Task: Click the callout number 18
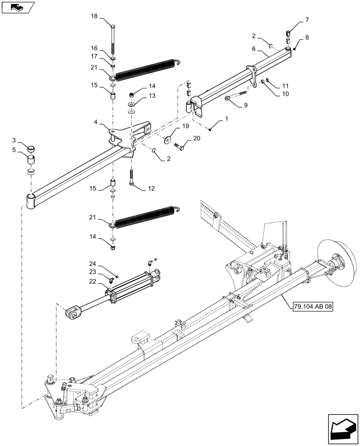pos(94,17)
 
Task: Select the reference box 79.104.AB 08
pos(313,306)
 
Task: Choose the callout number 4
pos(96,121)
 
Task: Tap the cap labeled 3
pos(30,149)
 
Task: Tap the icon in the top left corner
pos(17,7)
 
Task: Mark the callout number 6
pos(254,50)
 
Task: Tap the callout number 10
pos(285,94)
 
